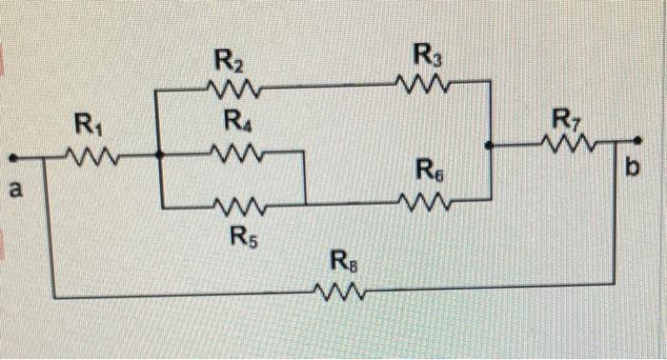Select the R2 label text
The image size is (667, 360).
(x=228, y=64)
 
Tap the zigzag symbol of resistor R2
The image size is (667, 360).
(x=231, y=90)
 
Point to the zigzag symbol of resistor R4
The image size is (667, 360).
(x=233, y=152)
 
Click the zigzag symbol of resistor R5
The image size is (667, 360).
(x=238, y=203)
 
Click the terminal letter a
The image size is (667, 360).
(x=15, y=190)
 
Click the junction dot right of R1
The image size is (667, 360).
(x=158, y=153)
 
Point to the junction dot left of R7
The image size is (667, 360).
(x=488, y=146)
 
